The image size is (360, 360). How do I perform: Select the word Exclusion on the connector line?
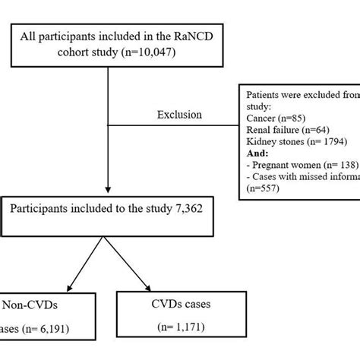tap(179, 115)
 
